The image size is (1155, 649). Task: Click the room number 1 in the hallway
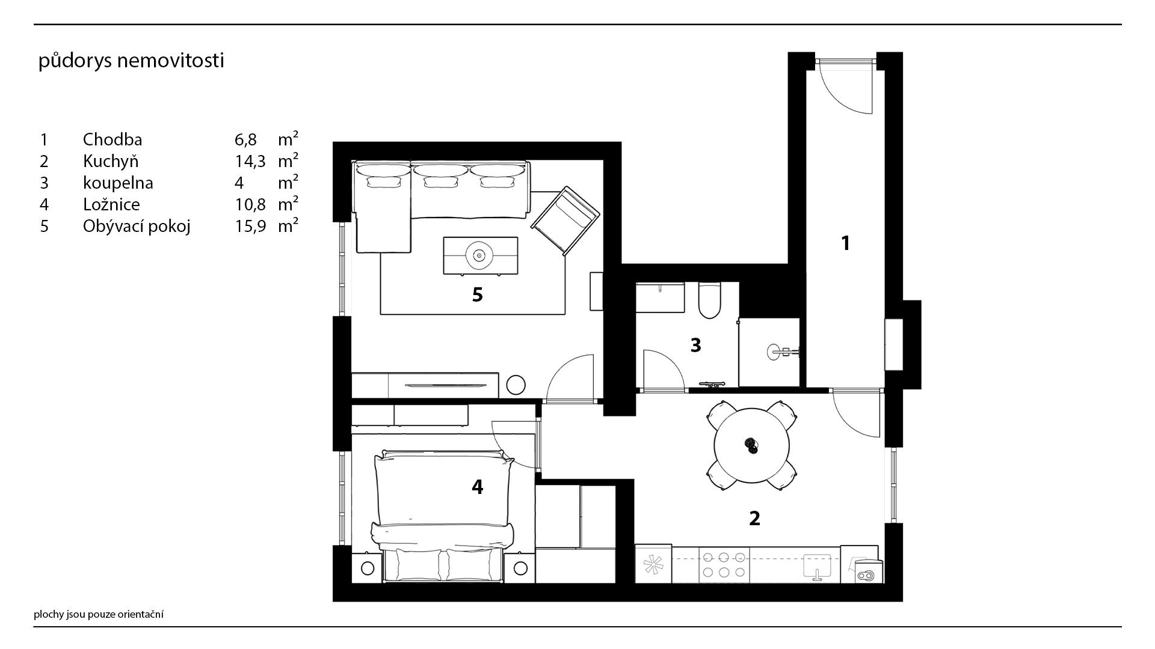pos(846,243)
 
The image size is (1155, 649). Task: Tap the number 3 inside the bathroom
pos(696,346)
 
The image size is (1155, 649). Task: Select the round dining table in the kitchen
pos(751,446)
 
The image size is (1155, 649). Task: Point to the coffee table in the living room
pos(480,255)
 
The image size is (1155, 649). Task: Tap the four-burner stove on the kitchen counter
pos(724,564)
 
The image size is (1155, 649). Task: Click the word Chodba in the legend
pos(112,139)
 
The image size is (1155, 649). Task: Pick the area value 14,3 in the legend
pos(250,162)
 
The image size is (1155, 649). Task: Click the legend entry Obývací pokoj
pos(137,227)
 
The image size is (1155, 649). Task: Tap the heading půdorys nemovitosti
pos(131,61)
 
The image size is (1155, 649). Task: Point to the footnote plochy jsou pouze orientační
pos(99,614)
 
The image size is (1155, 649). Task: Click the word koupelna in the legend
pos(118,183)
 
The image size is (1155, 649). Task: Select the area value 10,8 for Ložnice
pos(250,205)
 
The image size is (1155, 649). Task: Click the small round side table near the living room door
pos(516,385)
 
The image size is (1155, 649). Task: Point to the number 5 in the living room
pos(478,295)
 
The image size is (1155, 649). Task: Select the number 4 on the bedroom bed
pos(478,487)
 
